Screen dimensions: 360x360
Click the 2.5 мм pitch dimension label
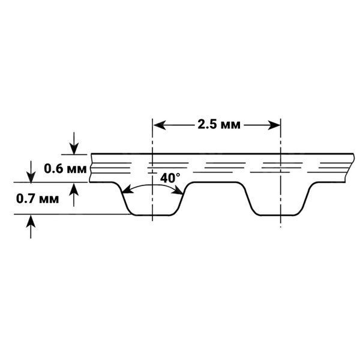[x=219, y=125]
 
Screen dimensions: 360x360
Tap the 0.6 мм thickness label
[x=65, y=169]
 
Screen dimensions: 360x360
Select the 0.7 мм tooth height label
[x=37, y=199]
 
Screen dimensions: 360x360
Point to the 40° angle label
[x=170, y=178]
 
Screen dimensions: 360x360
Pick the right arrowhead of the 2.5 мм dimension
[x=274, y=125]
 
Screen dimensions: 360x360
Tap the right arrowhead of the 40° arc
[x=178, y=191]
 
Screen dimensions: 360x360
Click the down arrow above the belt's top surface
[x=74, y=143]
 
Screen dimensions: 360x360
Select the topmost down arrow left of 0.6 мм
[x=31, y=172]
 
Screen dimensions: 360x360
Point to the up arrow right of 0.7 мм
[x=74, y=194]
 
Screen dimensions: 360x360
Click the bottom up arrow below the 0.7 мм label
[x=31, y=227]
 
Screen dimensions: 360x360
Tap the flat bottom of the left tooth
[x=152, y=215]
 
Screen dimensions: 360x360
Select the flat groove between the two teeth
[x=215, y=182]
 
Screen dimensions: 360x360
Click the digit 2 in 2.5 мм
[x=202, y=125]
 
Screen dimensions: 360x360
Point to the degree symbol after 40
[x=178, y=175]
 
